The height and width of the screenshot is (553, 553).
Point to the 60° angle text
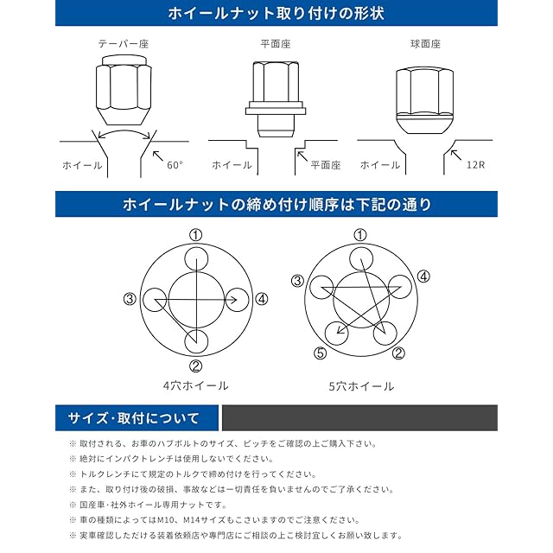176,164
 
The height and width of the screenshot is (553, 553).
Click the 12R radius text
474,164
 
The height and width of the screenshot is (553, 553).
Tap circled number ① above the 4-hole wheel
196,235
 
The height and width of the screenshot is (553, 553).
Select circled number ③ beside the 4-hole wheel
130,299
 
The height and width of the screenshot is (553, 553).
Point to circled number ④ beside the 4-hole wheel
263,299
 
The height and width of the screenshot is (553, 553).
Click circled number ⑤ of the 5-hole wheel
321,353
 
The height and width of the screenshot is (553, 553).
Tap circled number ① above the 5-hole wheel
360,235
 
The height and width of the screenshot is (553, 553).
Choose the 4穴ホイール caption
195,385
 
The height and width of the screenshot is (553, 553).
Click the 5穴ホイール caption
360,385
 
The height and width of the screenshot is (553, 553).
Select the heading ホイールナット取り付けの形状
276,14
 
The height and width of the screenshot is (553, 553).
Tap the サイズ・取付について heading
133,419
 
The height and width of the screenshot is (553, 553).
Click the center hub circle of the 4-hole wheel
196,299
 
